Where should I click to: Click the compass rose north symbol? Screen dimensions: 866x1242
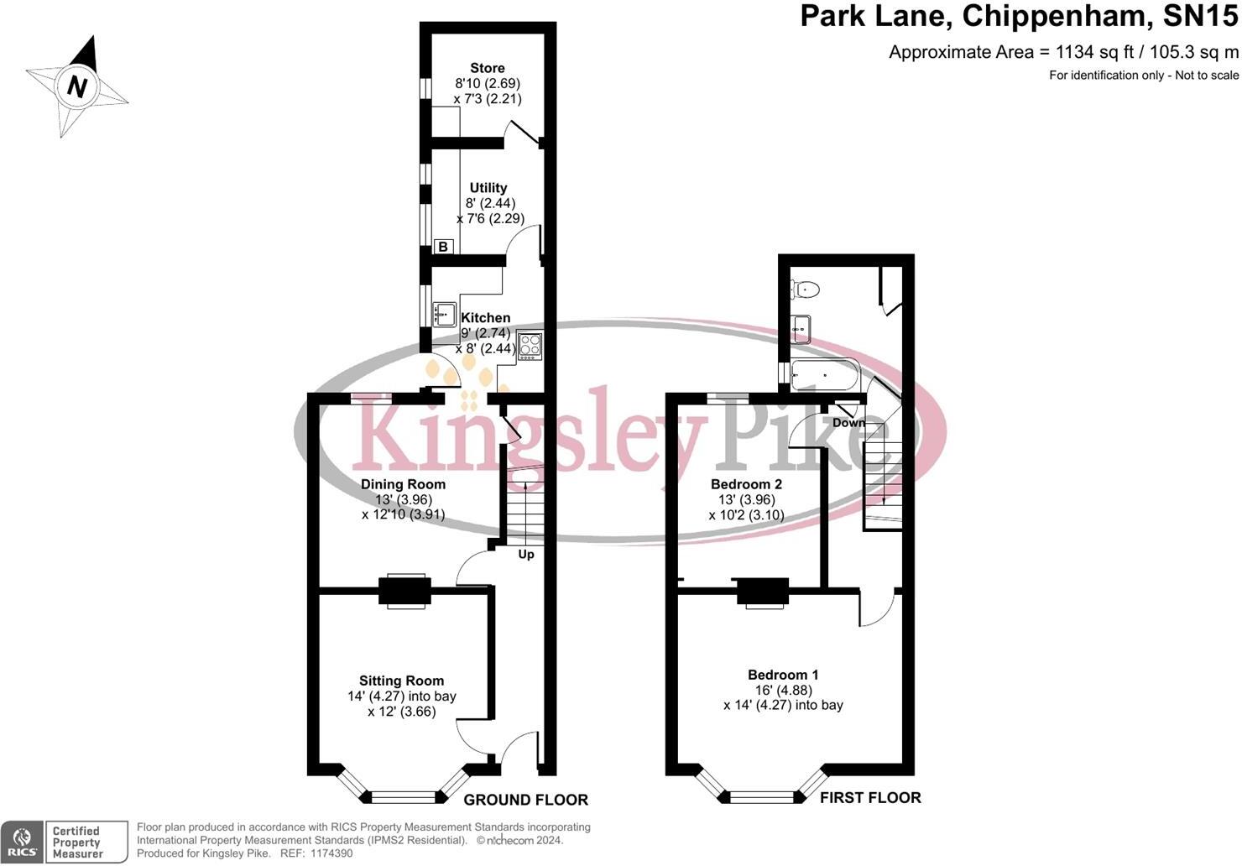(x=77, y=86)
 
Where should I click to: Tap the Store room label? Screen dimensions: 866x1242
(x=487, y=68)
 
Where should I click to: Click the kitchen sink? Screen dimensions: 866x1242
(x=445, y=314)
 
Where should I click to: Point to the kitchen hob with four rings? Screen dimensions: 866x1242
(x=530, y=346)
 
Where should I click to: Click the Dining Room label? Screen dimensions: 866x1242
(x=403, y=484)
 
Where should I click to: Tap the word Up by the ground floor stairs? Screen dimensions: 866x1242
(x=526, y=555)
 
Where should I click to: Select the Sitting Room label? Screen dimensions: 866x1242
(x=401, y=681)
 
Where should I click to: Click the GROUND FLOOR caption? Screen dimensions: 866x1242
(x=525, y=800)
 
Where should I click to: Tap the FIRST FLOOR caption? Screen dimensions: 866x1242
(x=870, y=797)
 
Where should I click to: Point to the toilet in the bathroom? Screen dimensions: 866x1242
(x=805, y=290)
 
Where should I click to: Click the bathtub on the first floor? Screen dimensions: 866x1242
(x=825, y=375)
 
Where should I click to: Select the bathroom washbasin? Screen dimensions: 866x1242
(x=801, y=329)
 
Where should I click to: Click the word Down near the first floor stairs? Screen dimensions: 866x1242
(x=848, y=423)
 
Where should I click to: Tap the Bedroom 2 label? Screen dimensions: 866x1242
(x=746, y=484)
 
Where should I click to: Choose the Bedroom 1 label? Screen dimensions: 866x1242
(x=783, y=675)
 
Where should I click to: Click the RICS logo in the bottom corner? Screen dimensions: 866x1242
(x=23, y=842)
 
